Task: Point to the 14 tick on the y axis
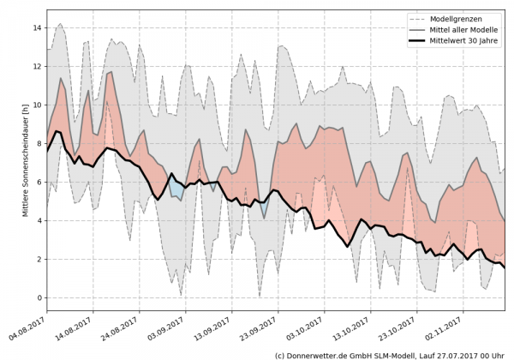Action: tap(37, 27)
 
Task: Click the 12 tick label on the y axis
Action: tap(37, 66)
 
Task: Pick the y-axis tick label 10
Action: tap(37, 105)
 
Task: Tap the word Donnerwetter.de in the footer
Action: tap(316, 354)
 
